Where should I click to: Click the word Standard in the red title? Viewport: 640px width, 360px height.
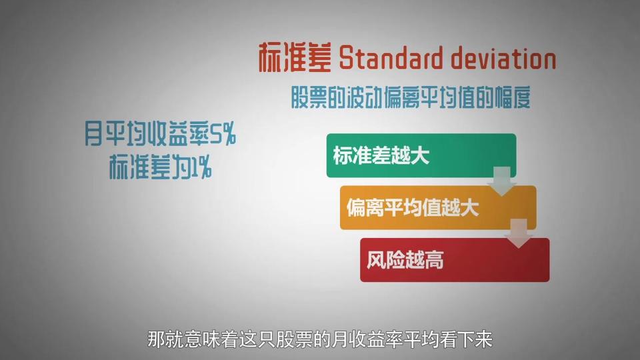point(391,58)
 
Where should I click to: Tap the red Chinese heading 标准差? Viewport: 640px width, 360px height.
point(295,57)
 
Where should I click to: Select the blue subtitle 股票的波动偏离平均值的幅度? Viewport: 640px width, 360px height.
point(411,97)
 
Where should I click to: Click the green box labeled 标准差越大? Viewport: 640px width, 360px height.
point(421,155)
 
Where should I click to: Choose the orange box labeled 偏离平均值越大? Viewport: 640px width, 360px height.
point(438,207)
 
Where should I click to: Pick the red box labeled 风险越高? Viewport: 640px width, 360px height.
point(455,259)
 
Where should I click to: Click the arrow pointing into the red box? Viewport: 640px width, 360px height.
point(519,233)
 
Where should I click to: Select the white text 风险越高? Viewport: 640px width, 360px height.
point(405,259)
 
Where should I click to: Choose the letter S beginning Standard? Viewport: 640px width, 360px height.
point(346,59)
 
